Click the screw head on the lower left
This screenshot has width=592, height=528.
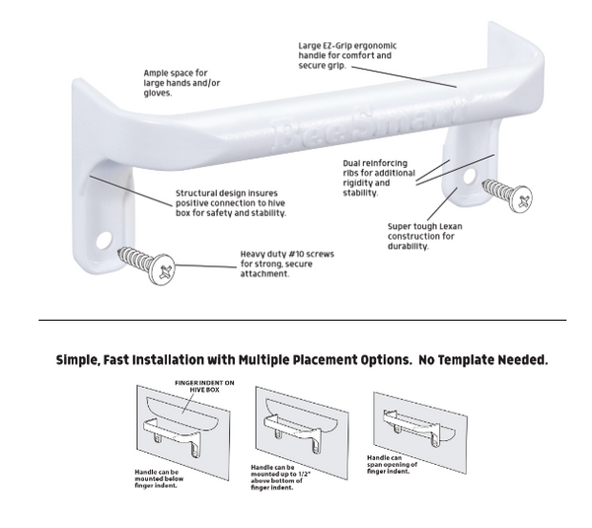(163, 269)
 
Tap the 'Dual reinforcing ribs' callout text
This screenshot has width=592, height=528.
(381, 177)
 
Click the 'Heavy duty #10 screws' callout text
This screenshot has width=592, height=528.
(286, 264)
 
